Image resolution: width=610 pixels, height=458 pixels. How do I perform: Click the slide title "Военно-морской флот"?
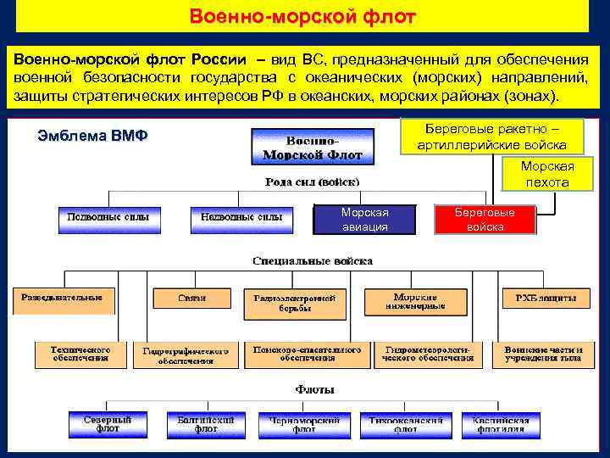tap(302, 16)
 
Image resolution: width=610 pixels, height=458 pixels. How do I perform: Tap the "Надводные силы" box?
tap(241, 219)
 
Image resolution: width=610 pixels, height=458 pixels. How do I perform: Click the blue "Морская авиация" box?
tap(364, 219)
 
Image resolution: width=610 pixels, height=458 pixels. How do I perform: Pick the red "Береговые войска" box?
tap(485, 219)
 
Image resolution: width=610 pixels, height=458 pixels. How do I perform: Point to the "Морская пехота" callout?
tap(546, 175)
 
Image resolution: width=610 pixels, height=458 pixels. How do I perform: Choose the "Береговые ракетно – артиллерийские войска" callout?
tap(491, 137)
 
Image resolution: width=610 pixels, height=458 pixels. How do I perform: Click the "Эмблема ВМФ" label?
tap(93, 136)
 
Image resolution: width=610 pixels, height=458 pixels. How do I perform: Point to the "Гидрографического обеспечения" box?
tap(186, 355)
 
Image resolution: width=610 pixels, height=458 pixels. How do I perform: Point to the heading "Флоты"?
tap(314, 389)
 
